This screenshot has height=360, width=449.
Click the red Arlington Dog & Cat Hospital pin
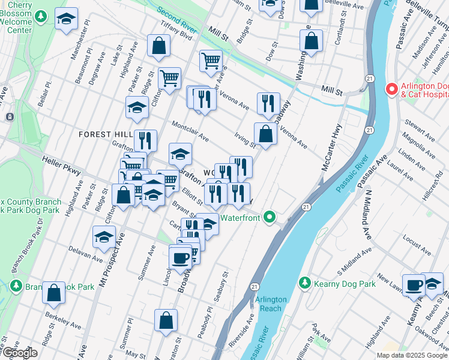(391, 89)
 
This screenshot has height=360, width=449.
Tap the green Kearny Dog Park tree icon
(305, 283)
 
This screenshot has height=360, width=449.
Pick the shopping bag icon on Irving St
(265, 134)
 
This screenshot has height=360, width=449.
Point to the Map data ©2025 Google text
(412, 355)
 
